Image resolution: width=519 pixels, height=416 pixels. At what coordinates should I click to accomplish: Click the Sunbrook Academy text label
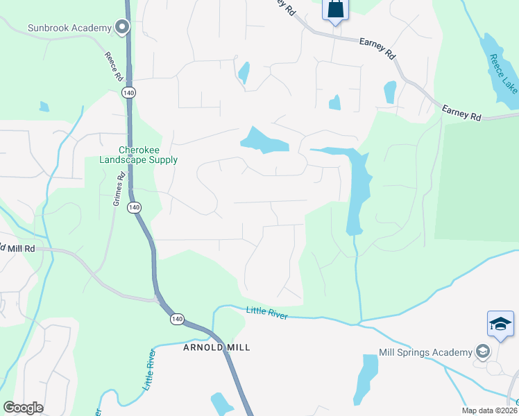tap(69, 28)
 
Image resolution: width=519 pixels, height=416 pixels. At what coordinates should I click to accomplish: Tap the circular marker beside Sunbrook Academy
tap(122, 28)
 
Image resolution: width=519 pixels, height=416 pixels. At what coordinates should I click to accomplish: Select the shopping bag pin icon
tap(335, 10)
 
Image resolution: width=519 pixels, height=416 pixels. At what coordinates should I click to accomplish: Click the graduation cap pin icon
tap(500, 324)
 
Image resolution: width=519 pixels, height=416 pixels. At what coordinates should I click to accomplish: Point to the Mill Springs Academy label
tap(425, 352)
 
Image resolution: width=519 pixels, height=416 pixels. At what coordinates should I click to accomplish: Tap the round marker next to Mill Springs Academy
tap(479, 352)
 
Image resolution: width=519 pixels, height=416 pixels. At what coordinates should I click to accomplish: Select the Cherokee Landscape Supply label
tap(148, 155)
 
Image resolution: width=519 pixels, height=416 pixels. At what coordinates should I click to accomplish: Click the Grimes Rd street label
tap(120, 190)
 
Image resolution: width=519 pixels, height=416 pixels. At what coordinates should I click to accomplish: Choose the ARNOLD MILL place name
tap(216, 347)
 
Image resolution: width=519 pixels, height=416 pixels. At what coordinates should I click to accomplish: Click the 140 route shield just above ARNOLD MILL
tap(176, 319)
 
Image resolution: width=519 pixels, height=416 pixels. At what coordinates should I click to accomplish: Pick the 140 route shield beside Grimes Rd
tap(135, 207)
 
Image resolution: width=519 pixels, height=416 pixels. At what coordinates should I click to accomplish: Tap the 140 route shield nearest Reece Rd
tap(127, 92)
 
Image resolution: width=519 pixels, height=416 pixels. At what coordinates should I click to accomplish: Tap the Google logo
tap(23, 408)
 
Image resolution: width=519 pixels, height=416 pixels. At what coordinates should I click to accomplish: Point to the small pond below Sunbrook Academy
tap(44, 107)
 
